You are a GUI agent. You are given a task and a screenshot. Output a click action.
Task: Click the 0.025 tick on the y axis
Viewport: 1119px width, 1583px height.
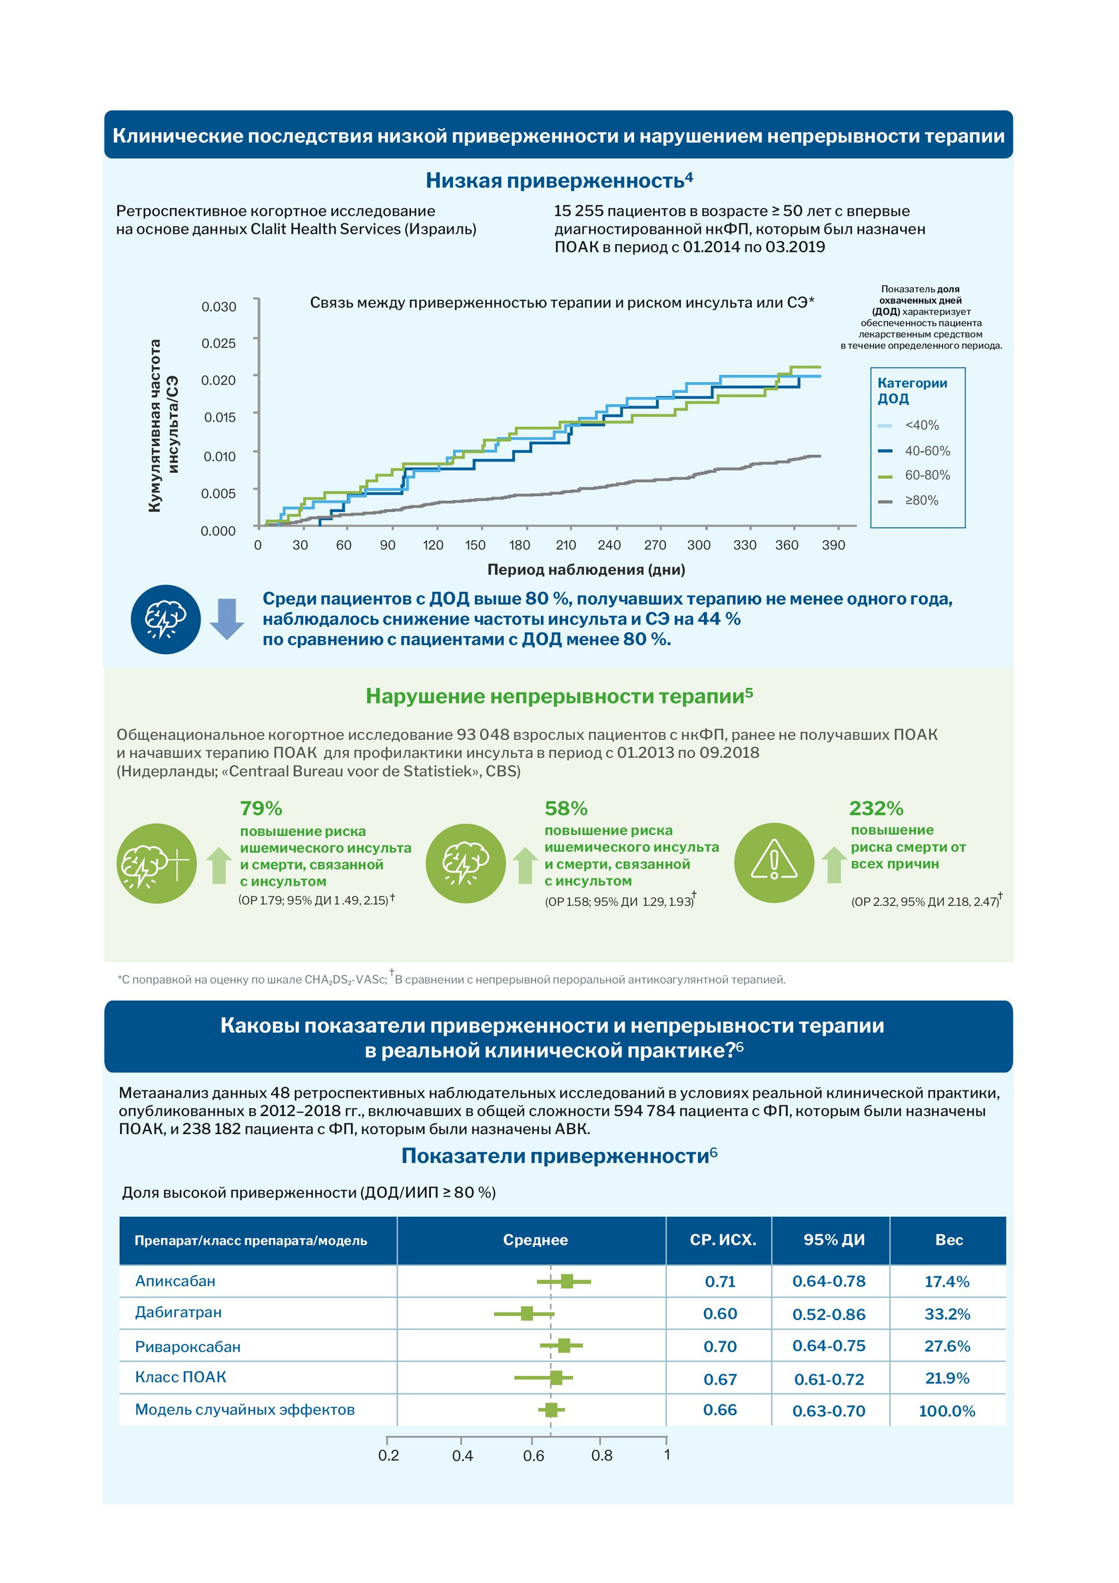(218, 344)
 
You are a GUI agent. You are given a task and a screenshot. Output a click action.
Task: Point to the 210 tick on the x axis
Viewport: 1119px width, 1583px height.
(566, 545)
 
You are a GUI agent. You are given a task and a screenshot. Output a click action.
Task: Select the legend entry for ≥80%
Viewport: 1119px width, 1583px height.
(909, 501)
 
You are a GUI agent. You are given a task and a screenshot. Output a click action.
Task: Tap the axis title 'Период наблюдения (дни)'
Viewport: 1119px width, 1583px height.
(586, 569)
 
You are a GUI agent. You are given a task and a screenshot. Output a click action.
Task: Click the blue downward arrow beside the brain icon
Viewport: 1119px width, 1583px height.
(227, 619)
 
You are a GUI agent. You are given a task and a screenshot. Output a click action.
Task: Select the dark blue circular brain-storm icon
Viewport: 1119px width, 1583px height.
(165, 619)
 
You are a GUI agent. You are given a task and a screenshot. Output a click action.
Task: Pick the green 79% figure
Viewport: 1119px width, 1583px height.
(261, 808)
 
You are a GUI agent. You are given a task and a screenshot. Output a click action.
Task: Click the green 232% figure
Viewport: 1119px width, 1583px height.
(877, 808)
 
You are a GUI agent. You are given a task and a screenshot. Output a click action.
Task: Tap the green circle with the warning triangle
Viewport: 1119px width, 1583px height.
(774, 862)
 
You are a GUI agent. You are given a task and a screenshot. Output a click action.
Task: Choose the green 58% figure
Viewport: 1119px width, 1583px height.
(566, 808)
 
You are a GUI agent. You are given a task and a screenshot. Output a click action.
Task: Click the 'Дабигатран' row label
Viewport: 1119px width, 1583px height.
(179, 1312)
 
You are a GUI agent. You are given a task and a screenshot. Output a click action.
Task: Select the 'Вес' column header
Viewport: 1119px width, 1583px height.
(948, 1239)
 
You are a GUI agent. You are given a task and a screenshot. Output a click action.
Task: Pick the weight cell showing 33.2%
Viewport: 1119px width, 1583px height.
(947, 1314)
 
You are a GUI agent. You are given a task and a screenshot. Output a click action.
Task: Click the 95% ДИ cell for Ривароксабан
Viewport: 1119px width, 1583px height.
(829, 1346)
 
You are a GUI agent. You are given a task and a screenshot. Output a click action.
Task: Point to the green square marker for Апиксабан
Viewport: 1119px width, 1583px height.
(567, 1281)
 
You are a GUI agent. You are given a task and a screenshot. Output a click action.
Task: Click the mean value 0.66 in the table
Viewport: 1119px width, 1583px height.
(720, 1410)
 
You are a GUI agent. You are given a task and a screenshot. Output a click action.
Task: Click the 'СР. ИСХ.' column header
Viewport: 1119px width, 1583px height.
(723, 1239)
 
